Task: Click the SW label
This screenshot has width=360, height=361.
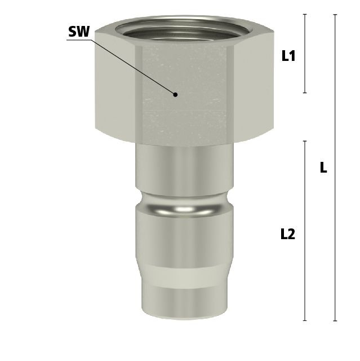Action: [79, 32]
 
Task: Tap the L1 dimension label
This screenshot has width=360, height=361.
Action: [288, 56]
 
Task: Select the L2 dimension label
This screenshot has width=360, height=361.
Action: [288, 234]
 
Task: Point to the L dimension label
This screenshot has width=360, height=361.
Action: [323, 168]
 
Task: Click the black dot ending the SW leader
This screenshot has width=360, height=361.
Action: [175, 94]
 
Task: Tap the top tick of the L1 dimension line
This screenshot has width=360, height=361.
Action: [305, 14]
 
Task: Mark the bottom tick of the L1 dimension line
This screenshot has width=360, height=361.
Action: [305, 93]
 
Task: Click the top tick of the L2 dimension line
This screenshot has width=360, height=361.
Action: [305, 141]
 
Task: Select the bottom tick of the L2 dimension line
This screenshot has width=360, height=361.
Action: [305, 320]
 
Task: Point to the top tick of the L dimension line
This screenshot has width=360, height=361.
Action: [335, 15]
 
